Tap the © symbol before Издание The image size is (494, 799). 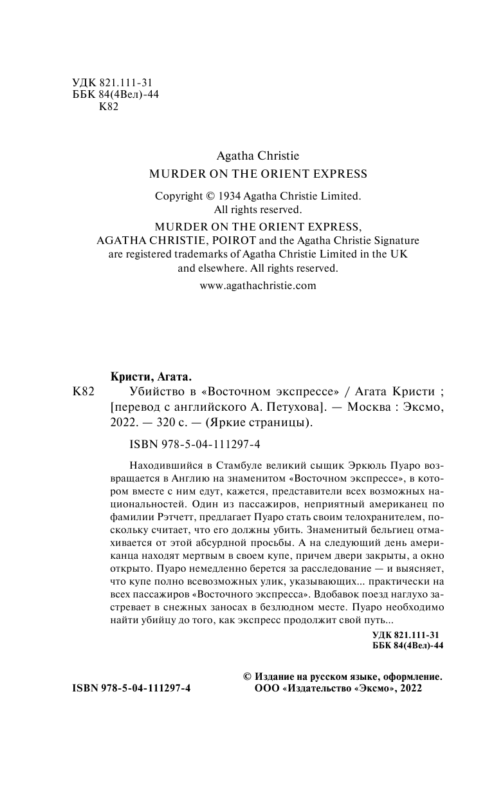click(x=247, y=677)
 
